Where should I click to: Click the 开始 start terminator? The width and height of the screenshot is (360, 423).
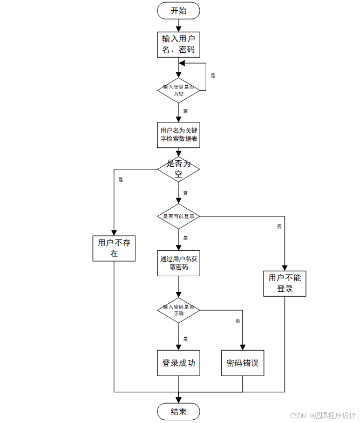point(178,10)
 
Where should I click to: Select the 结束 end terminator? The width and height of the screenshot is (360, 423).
point(178,412)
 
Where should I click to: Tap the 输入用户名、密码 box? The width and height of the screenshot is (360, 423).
point(178,44)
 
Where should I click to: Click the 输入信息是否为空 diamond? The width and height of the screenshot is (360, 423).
point(178,90)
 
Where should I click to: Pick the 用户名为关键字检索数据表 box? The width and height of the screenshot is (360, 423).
point(178,134)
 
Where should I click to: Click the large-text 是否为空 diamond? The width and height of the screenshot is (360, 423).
point(178,169)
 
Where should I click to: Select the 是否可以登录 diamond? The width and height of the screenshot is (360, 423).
point(178,216)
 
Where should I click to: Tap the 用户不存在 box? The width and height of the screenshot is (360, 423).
point(114,248)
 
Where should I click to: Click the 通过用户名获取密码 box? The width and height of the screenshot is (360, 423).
point(178,263)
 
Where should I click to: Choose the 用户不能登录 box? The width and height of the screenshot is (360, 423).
point(285,283)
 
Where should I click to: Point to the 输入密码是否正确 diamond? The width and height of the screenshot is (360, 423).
point(178,310)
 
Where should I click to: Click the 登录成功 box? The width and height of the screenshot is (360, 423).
point(178,363)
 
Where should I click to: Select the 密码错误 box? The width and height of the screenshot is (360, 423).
point(242,363)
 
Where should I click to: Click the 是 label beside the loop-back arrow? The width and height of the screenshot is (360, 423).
point(213,76)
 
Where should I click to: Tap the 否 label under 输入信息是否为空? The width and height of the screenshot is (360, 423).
point(185,111)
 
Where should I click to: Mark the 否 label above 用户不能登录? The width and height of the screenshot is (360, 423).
point(279,227)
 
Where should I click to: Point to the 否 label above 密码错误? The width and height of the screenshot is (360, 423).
point(237,321)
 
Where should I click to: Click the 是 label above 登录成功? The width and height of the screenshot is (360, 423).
point(185,339)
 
